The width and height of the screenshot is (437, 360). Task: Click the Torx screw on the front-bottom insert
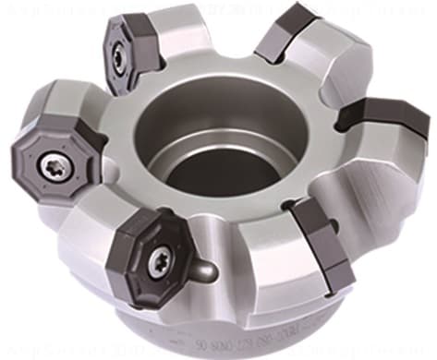(x=157, y=261)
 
